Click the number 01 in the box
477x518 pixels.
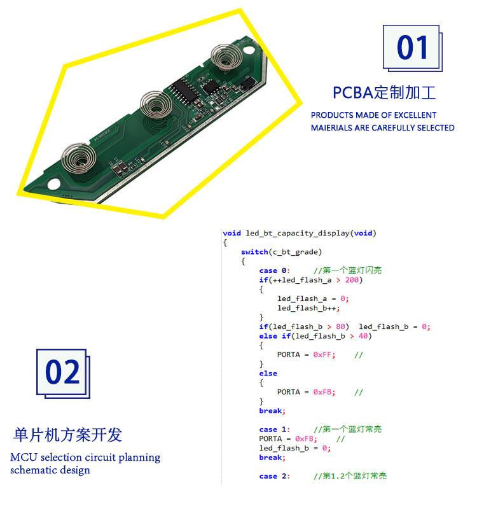pyautogui.click(x=412, y=48)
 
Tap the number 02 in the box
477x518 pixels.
pyautogui.click(x=62, y=372)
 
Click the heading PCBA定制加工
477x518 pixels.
pyautogui.click(x=384, y=92)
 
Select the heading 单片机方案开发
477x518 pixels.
pyautogui.click(x=67, y=435)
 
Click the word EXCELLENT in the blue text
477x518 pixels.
pyautogui.click(x=415, y=115)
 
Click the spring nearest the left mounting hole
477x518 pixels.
pyautogui.click(x=79, y=158)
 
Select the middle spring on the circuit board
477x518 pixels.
pyautogui.click(x=156, y=104)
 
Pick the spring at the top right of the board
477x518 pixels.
pyautogui.click(x=226, y=57)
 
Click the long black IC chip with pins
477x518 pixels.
pyautogui.click(x=185, y=90)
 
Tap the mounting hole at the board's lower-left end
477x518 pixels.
pyautogui.click(x=53, y=184)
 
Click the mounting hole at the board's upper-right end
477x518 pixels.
pyautogui.click(x=249, y=50)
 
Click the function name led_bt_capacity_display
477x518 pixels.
pyautogui.click(x=298, y=234)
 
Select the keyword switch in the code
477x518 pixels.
pyautogui.click(x=254, y=252)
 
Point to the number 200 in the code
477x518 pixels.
pyautogui.click(x=352, y=280)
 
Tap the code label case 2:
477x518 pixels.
pyautogui.click(x=274, y=477)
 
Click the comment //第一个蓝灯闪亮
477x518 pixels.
pyautogui.click(x=348, y=270)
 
